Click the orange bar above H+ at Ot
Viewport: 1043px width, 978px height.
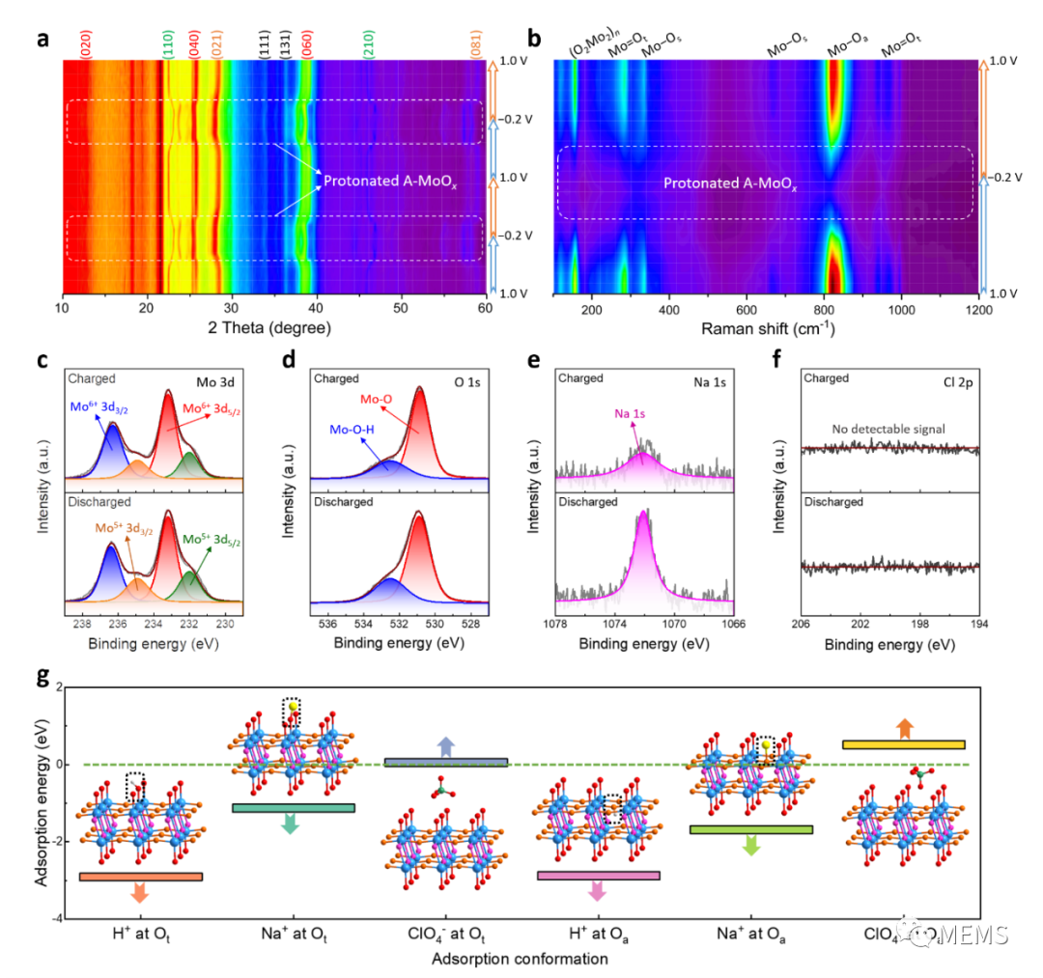pyautogui.click(x=141, y=876)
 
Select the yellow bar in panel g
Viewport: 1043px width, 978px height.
pyautogui.click(x=904, y=744)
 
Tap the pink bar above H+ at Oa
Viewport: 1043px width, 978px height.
pyautogui.click(x=599, y=875)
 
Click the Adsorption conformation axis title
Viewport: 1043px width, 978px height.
pyautogui.click(x=521, y=959)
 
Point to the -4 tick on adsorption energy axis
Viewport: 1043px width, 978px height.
pyautogui.click(x=54, y=917)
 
